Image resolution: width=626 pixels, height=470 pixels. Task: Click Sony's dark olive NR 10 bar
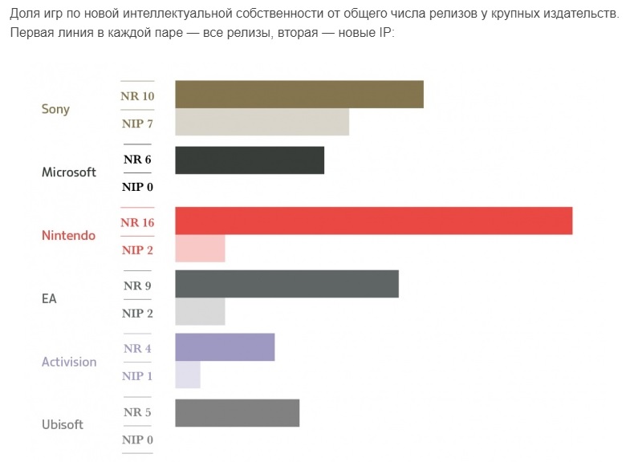299,94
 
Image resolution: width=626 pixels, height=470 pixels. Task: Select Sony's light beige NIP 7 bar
262,122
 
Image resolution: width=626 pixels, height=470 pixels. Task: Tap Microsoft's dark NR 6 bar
249,160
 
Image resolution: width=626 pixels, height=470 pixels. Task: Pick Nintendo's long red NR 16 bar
373,221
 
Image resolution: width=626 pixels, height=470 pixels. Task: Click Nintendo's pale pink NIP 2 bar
200,249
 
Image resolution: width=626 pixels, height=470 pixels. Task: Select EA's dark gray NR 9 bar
287,284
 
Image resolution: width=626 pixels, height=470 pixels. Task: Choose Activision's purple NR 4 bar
225,347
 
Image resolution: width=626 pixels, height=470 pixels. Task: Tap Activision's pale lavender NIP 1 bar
187,375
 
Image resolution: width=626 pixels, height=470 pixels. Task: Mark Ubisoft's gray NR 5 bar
237,412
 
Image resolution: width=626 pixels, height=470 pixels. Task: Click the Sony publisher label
55,109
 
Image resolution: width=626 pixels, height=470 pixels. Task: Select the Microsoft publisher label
68,172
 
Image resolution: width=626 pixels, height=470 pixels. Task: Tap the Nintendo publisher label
68,236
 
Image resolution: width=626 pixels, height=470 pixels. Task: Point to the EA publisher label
49,298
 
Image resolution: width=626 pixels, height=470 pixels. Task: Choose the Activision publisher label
69,362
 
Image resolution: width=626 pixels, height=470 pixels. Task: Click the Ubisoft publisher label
62,424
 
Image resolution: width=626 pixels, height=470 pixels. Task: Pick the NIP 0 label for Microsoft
137,187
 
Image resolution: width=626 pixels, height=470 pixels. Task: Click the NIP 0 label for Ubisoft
137,440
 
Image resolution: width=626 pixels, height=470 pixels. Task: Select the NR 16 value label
137,222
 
